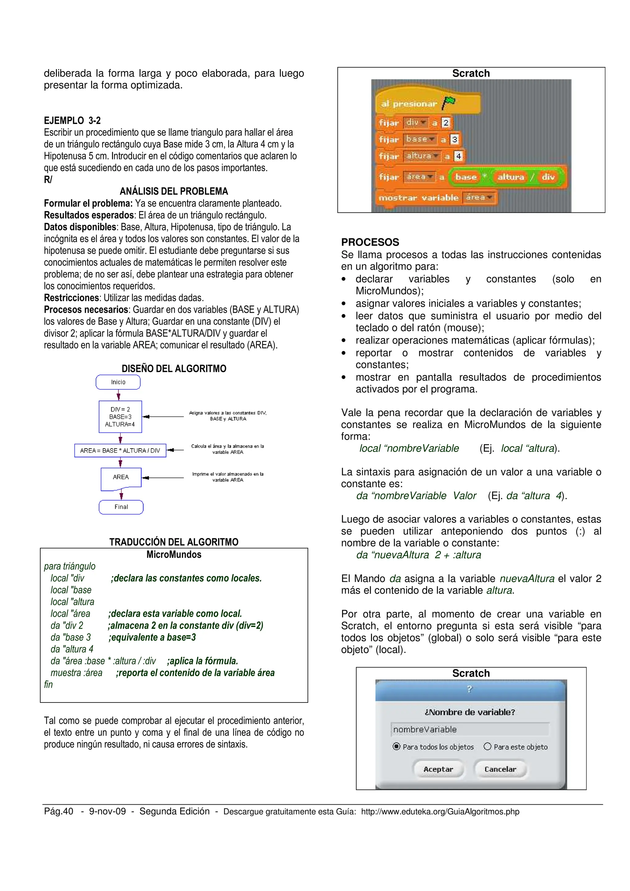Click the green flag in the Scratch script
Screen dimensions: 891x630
tap(449, 102)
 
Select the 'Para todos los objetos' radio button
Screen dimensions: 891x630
tap(396, 746)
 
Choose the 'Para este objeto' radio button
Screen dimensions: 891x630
tap(488, 746)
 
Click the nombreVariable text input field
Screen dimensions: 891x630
tap(470, 729)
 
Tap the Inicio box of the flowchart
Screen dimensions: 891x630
tap(118, 382)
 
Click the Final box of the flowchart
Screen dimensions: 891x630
tap(121, 507)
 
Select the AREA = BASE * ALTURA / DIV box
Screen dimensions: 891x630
tap(120, 450)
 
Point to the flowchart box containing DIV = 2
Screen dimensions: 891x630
tap(120, 416)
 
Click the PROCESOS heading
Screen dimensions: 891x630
tap(370, 242)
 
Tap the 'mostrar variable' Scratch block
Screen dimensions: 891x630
tap(418, 197)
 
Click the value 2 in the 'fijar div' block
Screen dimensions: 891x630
tap(446, 123)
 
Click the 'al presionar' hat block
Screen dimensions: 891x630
tap(409, 104)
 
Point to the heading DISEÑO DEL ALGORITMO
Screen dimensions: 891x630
tap(174, 368)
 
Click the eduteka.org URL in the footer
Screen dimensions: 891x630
tap(440, 811)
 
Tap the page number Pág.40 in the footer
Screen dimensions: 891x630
tap(59, 811)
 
